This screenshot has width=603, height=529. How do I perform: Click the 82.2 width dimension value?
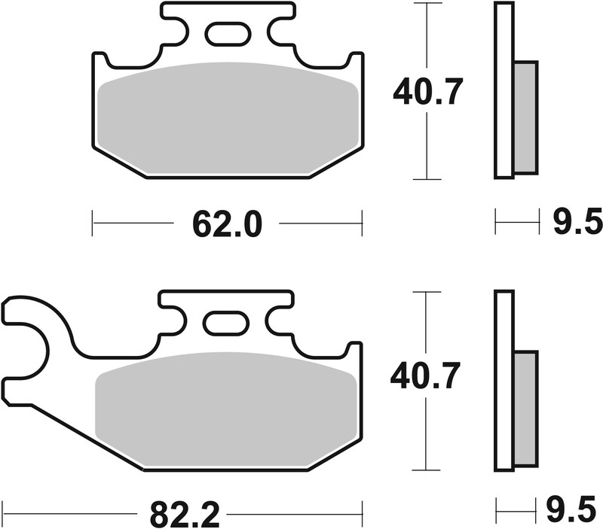[184, 515]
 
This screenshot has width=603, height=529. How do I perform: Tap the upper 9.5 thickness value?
[577, 223]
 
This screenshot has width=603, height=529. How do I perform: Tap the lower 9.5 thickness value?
[577, 514]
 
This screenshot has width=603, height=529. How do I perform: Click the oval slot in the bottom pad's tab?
[226, 323]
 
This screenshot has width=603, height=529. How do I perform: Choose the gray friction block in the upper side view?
[525, 117]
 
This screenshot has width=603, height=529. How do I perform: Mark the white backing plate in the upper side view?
[504, 90]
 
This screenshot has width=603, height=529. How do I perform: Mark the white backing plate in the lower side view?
[504, 380]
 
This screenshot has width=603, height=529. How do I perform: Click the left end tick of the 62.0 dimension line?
[92, 223]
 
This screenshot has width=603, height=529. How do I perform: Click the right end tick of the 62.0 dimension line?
[362, 223]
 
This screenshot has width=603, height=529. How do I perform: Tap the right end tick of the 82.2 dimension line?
[363, 515]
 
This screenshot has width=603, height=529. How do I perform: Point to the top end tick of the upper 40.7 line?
[427, 4]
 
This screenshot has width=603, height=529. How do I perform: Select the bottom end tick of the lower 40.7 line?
[427, 469]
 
